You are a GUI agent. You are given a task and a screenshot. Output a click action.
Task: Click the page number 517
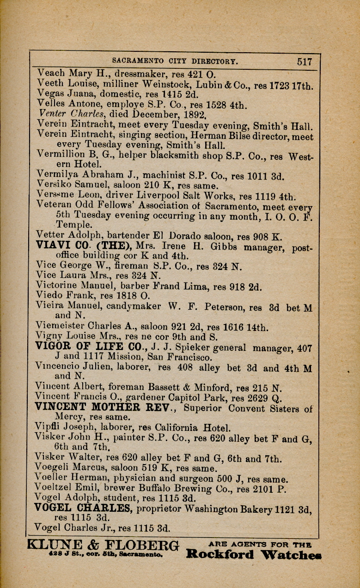[x=305, y=61]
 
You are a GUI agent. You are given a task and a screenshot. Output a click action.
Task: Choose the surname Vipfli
[x=48, y=428]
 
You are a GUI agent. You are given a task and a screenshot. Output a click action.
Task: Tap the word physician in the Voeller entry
[x=128, y=479]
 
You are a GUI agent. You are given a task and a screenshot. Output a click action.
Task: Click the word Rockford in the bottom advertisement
[x=220, y=554]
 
